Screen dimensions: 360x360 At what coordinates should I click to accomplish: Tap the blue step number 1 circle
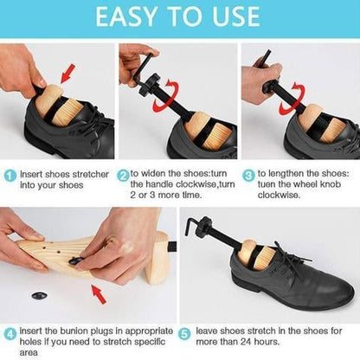coord(9,175)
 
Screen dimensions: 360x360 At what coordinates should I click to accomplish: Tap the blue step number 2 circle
coord(124,174)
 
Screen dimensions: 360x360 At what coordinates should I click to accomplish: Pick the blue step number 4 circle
coord(9,331)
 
